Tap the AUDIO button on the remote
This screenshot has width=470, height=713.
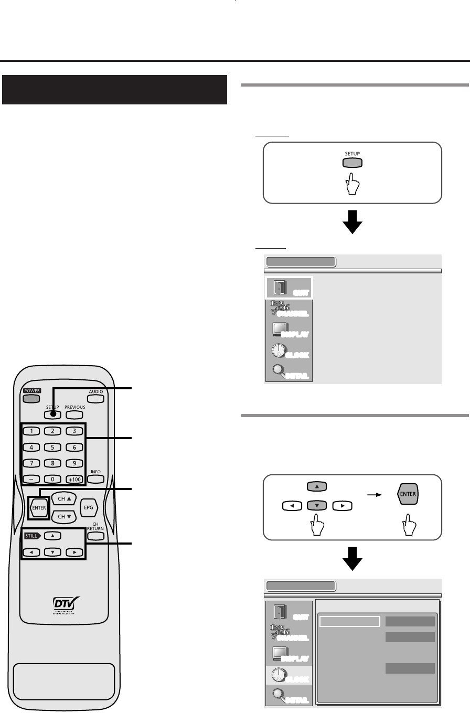click(95, 398)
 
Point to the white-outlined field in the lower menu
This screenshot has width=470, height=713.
click(349, 621)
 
